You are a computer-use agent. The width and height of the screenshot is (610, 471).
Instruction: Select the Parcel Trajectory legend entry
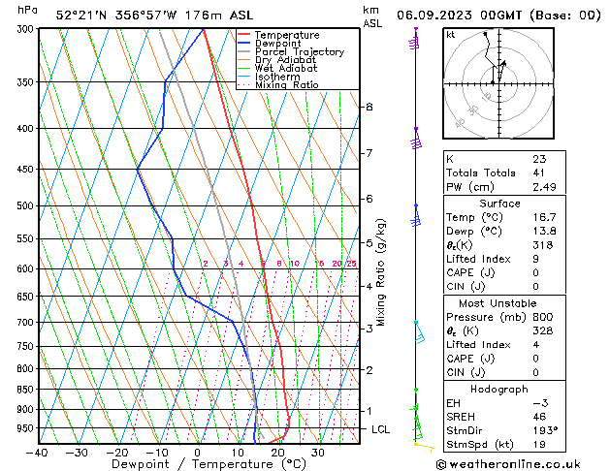pyautogui.click(x=299, y=51)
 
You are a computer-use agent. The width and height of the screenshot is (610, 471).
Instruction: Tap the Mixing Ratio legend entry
pyautogui.click(x=287, y=85)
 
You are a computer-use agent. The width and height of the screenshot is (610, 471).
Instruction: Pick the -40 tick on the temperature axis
pyautogui.click(x=37, y=453)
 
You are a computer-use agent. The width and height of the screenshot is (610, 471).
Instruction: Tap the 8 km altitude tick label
pyautogui.click(x=369, y=107)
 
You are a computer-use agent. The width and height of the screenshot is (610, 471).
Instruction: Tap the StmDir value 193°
pyautogui.click(x=545, y=430)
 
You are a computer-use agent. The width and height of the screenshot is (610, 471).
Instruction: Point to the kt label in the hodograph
pyautogui.click(x=451, y=35)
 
